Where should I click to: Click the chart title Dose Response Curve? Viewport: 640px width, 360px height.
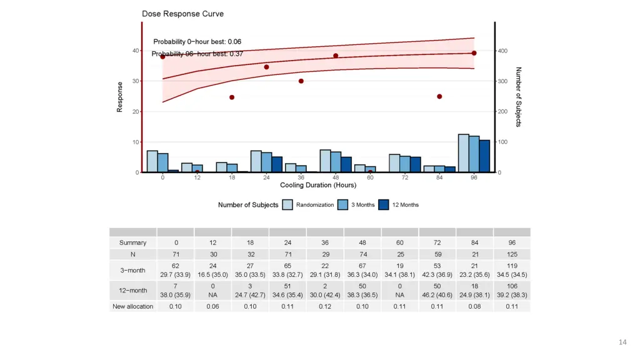(x=182, y=14)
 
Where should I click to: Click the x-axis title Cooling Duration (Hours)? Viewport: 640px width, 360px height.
(x=318, y=185)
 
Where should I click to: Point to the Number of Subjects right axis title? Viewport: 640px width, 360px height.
(x=518, y=97)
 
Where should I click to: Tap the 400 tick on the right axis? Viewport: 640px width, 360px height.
(x=503, y=51)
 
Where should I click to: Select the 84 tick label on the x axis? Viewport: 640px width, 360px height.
(x=439, y=177)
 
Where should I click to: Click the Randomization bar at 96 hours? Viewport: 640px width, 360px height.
(x=463, y=153)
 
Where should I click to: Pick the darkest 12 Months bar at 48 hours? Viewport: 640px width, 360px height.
(x=346, y=164)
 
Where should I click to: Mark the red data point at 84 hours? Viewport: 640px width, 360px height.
(x=439, y=96)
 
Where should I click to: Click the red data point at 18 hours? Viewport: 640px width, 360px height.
(x=232, y=97)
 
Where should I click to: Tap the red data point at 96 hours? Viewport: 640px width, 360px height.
(x=474, y=53)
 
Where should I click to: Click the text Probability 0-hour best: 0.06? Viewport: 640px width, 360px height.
(x=197, y=41)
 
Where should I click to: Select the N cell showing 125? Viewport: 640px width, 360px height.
(x=512, y=254)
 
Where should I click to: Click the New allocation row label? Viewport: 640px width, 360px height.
(x=133, y=306)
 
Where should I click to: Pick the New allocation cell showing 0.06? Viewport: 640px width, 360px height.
(x=213, y=306)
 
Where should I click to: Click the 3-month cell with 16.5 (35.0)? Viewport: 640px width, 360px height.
(x=213, y=274)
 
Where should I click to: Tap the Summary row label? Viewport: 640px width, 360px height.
(x=133, y=242)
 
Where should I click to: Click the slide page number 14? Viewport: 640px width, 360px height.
(x=622, y=342)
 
